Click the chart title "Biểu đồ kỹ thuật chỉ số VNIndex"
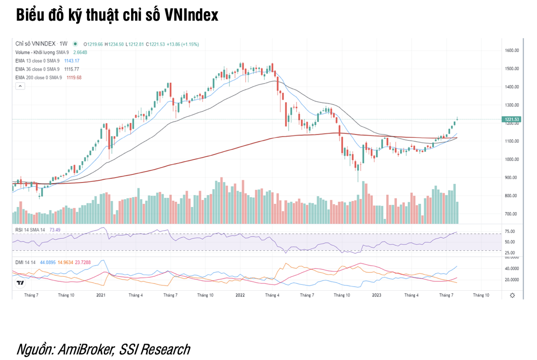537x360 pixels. coord(117,15)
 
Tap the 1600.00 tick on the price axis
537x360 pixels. coord(511,51)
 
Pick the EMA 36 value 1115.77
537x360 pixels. coord(71,69)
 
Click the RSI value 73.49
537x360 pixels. coord(55,230)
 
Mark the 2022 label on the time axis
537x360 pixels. coord(240,295)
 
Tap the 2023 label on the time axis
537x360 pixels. coord(377,295)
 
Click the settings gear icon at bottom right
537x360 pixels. coord(512,296)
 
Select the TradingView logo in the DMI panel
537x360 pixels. coord(20,283)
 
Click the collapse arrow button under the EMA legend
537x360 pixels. coord(20,87)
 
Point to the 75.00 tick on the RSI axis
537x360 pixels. coord(510,231)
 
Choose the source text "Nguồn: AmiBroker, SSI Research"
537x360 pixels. coord(103,349)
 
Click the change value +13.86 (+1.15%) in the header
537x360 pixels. coord(183,44)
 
